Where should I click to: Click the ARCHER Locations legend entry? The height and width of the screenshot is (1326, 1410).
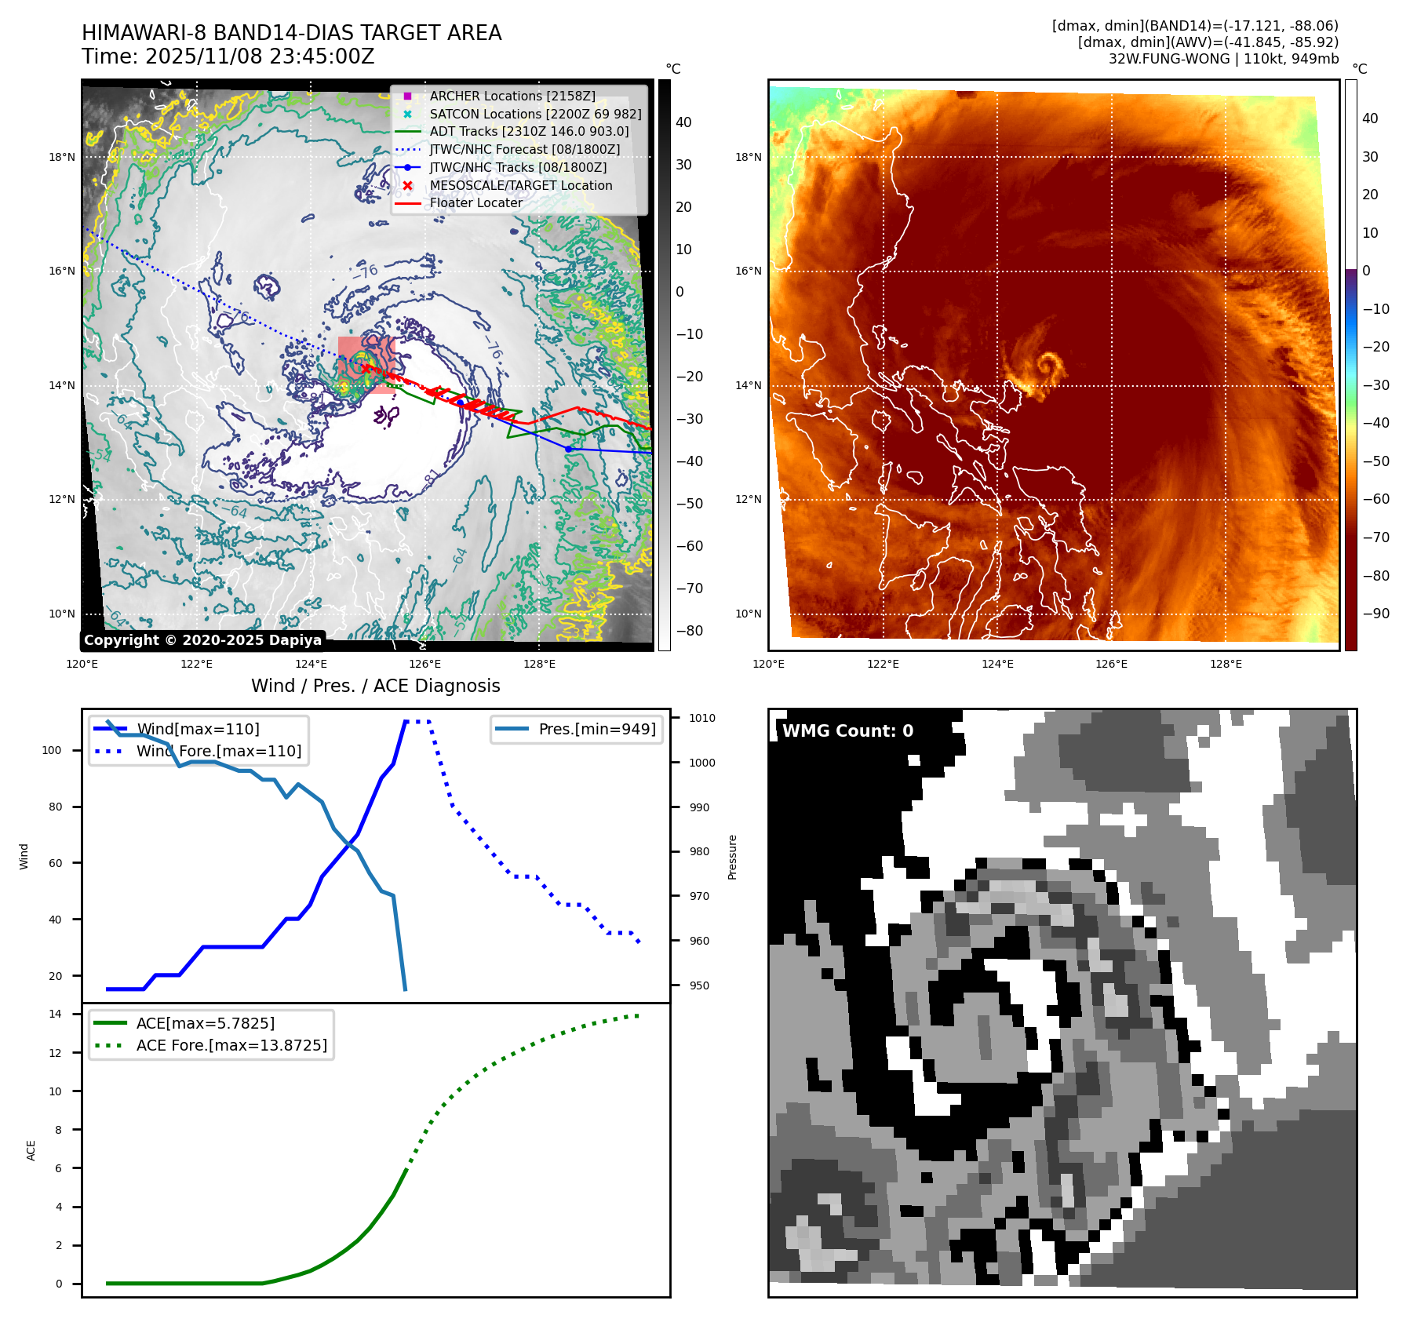coord(512,96)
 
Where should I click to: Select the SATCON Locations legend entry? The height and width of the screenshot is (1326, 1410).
coord(535,114)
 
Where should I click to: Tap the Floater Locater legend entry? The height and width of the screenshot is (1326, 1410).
coord(475,202)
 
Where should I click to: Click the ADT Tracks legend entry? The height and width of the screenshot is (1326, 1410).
coord(529,131)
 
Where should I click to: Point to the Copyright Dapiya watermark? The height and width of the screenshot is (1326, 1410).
coord(202,640)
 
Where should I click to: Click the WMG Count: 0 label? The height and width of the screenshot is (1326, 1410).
coord(847,730)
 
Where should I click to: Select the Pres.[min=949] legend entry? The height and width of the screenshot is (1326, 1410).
coord(596,729)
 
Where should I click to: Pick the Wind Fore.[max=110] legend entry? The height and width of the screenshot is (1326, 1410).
coord(218,751)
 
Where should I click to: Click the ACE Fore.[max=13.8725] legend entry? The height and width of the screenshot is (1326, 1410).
coord(231,1045)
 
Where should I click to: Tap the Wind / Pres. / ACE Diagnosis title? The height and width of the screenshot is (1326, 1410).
coord(375,686)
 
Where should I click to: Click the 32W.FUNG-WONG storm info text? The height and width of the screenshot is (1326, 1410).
coord(1223,59)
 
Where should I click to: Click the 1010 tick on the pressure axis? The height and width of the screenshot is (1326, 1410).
coord(701,718)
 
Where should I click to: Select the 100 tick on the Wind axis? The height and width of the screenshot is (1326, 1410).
coord(52,750)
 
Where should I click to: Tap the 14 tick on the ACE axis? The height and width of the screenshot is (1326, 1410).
coord(55,1014)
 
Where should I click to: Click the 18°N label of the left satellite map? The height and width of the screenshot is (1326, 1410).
coord(62,157)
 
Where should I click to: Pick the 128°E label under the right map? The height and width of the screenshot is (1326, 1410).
coord(1226,664)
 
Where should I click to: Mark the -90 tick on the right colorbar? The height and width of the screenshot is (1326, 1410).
coord(1375,614)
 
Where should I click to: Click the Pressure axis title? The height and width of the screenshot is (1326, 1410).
coord(732,857)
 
